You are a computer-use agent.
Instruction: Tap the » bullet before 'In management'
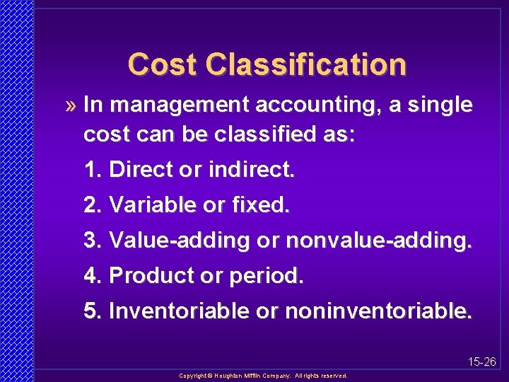(x=69, y=106)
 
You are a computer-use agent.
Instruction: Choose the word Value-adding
(x=180, y=241)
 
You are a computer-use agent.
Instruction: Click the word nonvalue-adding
(x=378, y=241)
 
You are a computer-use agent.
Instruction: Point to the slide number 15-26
(x=482, y=362)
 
